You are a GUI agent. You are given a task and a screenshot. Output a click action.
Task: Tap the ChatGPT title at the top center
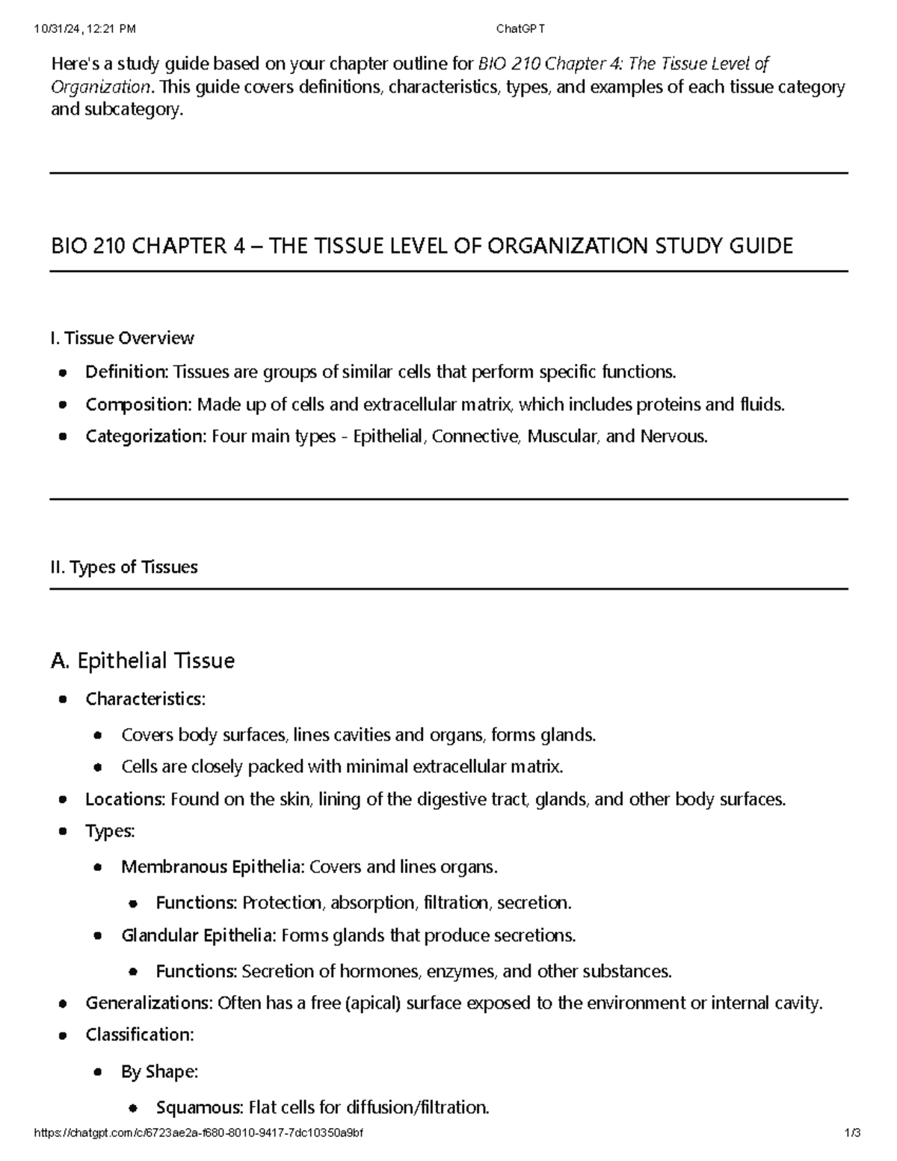tap(521, 29)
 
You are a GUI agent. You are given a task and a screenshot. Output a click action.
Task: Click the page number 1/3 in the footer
tap(852, 1133)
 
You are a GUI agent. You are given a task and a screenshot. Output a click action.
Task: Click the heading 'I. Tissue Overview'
tap(122, 339)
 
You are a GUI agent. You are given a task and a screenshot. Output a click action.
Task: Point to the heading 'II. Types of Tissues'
tap(124, 567)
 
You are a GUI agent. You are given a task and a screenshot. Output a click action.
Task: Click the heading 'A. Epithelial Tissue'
tap(143, 661)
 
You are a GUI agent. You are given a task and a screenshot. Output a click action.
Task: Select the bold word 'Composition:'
tap(139, 404)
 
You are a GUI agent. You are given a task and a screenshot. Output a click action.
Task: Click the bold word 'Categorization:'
tap(146, 437)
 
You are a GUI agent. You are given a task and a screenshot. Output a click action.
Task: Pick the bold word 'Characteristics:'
tap(145, 699)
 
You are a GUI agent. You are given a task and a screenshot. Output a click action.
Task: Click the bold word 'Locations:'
tap(125, 799)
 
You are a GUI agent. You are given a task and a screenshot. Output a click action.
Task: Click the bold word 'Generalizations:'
tap(149, 1003)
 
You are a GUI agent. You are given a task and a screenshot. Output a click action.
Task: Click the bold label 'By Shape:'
tap(159, 1072)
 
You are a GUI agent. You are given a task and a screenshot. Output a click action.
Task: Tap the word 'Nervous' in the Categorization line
tap(673, 437)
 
